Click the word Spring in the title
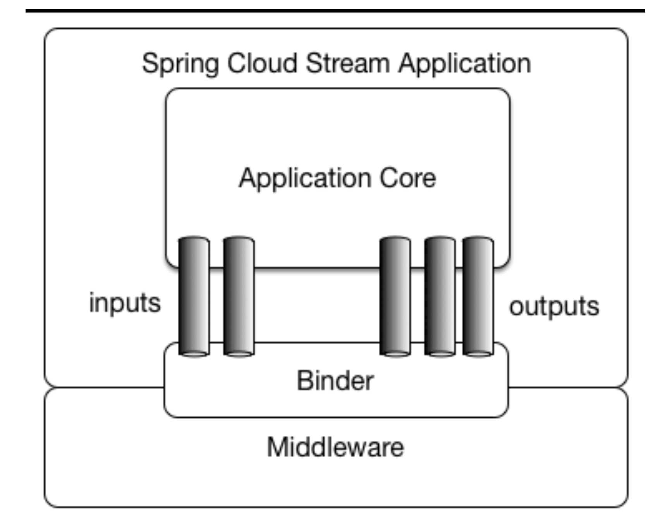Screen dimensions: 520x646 pos(180,64)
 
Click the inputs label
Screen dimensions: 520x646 pos(125,303)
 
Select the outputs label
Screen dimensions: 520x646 pos(554,306)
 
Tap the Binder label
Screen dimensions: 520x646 pos(335,381)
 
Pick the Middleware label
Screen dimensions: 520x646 pos(335,447)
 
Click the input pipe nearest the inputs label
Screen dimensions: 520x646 pos(194,296)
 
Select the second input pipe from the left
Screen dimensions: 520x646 pos(239,296)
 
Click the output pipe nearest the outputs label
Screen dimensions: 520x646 pos(478,296)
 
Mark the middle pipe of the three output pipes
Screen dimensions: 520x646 pos(440,296)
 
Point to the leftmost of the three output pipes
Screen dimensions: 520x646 pos(395,296)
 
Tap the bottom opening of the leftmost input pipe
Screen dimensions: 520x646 pos(194,353)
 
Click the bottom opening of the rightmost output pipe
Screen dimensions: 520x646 pos(478,353)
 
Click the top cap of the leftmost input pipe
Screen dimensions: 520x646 pos(194,240)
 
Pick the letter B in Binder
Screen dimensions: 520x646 pos(304,381)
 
